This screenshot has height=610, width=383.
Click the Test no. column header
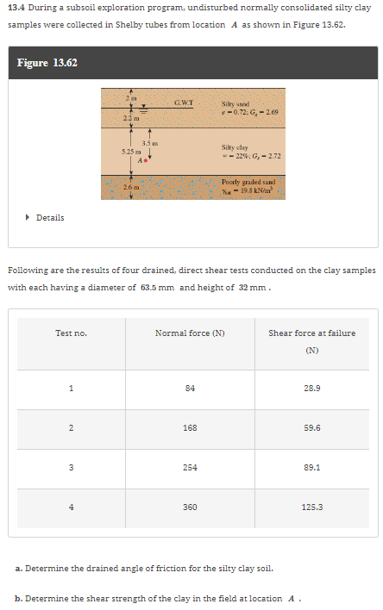71,333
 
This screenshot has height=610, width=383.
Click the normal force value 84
189,388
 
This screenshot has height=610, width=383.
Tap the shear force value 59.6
311,426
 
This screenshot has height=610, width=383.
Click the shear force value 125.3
311,507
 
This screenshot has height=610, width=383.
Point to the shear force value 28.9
311,388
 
